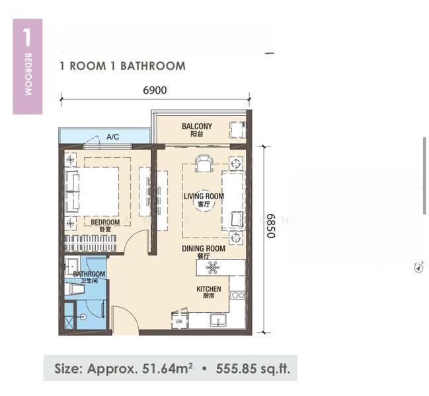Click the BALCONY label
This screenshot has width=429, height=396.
196,126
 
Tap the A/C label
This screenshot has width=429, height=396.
112,137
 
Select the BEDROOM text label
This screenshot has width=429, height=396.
105,222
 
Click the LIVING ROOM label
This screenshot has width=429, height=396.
204,196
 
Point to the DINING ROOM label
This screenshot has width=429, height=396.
204,249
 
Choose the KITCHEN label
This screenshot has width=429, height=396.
208,290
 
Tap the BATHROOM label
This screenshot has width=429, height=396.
89,274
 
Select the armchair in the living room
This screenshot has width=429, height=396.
204,162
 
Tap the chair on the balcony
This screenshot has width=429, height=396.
236,129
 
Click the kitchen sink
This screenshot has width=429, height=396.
219,321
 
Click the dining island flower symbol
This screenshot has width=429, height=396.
213,267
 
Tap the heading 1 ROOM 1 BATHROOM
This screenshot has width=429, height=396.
122,66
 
